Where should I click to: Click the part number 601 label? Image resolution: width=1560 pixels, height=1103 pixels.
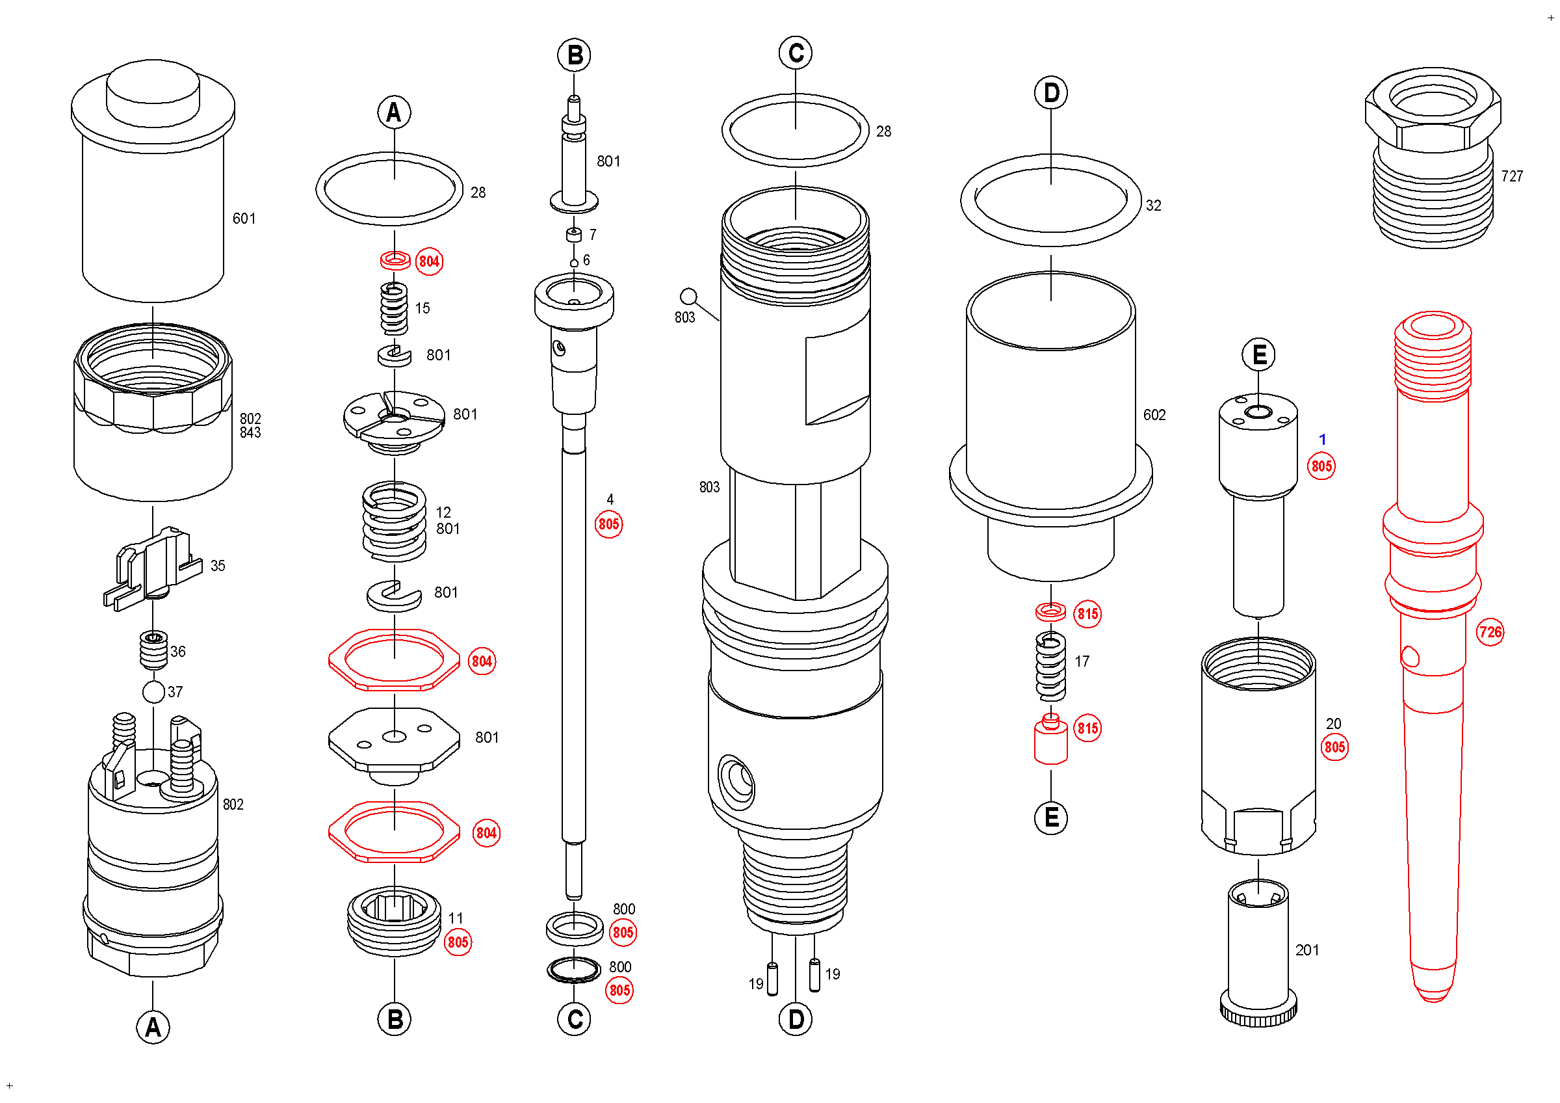coord(244,219)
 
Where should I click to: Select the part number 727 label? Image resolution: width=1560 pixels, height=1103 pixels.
coord(1512,177)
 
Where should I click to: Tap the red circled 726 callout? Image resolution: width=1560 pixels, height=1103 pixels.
coord(1490,633)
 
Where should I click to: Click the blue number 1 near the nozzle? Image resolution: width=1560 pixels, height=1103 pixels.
coord(1322,440)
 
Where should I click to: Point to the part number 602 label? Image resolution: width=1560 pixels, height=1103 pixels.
coord(1154,415)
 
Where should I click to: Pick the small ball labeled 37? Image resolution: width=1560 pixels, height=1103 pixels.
coord(153,693)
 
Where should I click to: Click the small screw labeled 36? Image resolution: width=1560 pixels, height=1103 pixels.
coord(153,650)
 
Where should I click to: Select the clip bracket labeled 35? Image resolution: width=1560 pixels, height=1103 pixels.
coord(153,568)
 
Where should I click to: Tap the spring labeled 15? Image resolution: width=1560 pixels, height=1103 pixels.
coord(394,309)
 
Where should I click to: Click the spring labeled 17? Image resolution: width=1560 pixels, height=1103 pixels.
coord(1050,667)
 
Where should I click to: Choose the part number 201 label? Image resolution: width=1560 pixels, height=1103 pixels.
coord(1306,951)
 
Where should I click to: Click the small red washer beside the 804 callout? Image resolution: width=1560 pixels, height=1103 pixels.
coord(395,260)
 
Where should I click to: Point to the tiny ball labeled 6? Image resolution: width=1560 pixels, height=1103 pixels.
coord(574,263)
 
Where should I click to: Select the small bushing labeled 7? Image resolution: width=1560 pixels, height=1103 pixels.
coord(574,235)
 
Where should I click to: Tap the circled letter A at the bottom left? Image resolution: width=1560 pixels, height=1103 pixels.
coord(153,1028)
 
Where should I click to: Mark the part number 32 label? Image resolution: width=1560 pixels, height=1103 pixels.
coord(1153,206)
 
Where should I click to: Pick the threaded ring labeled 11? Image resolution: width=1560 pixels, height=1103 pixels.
coord(394,922)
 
